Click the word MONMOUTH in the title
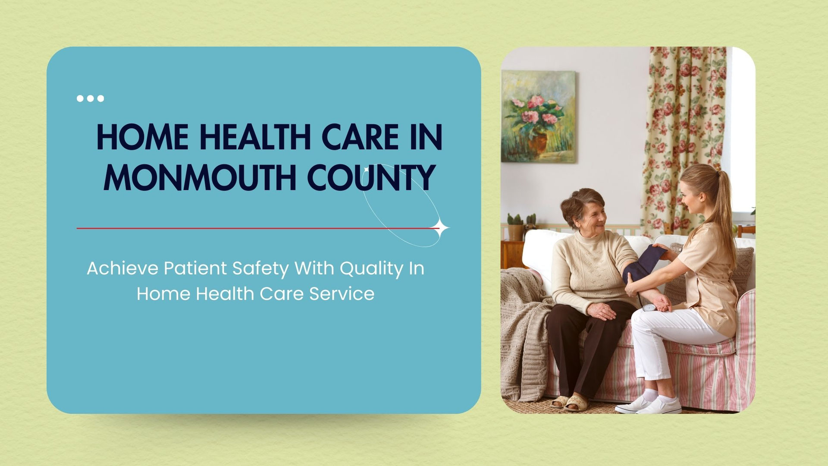200,177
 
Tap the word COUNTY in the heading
370,177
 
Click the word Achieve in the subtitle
122,268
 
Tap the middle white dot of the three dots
90,98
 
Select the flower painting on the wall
538,116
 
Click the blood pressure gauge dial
649,308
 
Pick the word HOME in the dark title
143,137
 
